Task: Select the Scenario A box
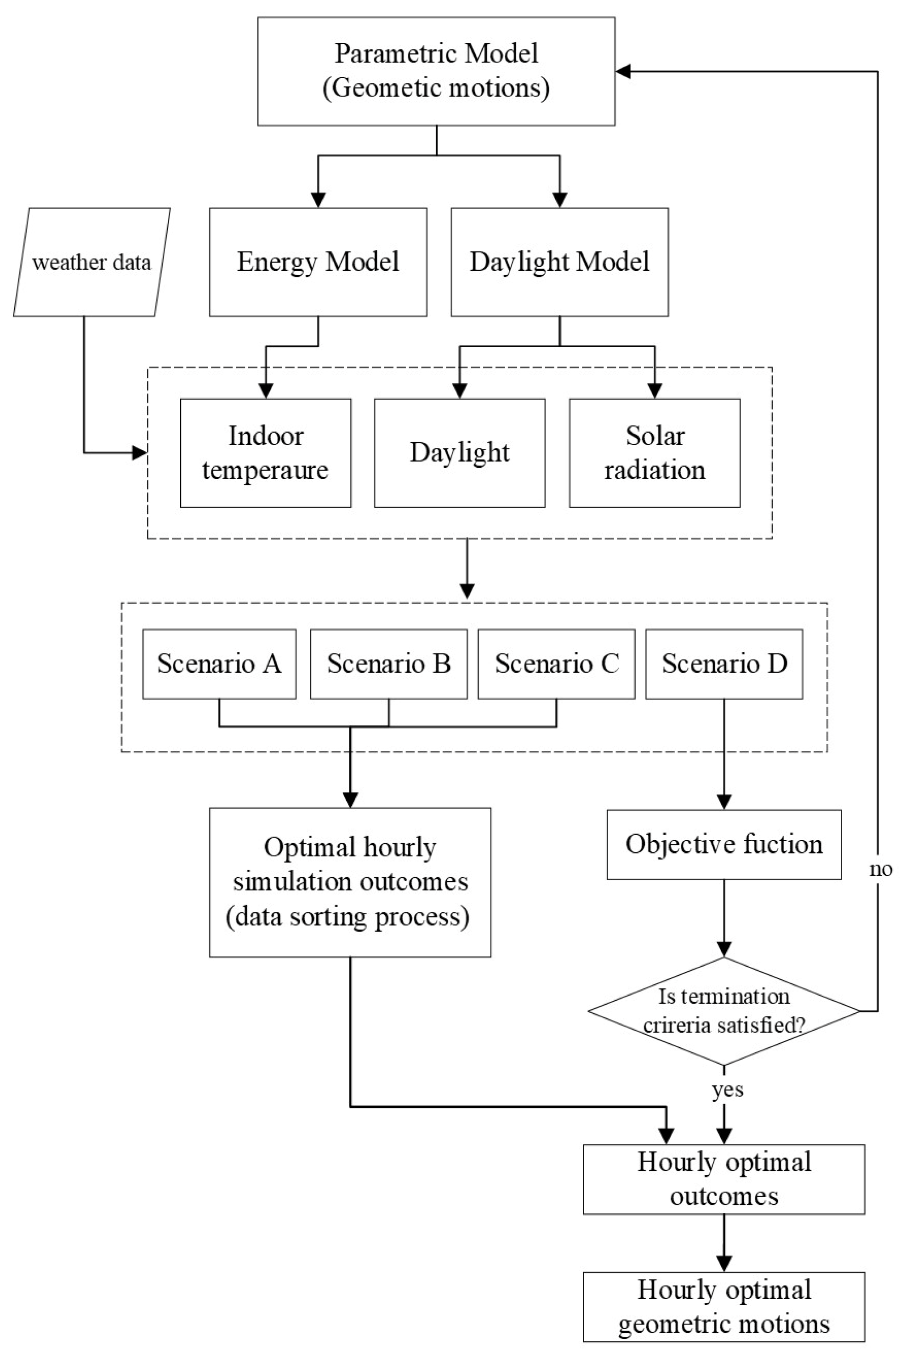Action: tap(219, 664)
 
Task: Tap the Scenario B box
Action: tap(388, 664)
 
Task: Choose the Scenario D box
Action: tap(724, 664)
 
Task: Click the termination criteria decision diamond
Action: tap(724, 1011)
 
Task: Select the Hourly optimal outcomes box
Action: tap(724, 1179)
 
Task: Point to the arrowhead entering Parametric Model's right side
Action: tap(623, 72)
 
